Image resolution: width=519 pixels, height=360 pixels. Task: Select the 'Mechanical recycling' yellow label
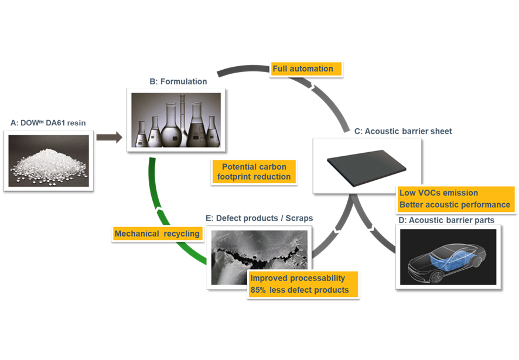point(157,234)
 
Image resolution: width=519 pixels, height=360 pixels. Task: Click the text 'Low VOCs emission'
point(438,193)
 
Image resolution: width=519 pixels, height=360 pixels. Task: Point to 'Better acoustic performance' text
point(455,205)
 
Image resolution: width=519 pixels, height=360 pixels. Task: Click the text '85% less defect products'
point(299,290)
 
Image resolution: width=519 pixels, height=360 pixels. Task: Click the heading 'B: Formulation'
point(177,82)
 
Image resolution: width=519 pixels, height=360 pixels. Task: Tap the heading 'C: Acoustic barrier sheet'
point(402,131)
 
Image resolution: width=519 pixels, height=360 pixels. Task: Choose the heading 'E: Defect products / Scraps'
point(259,218)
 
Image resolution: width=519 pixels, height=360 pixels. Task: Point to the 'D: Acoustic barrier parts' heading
point(445,220)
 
